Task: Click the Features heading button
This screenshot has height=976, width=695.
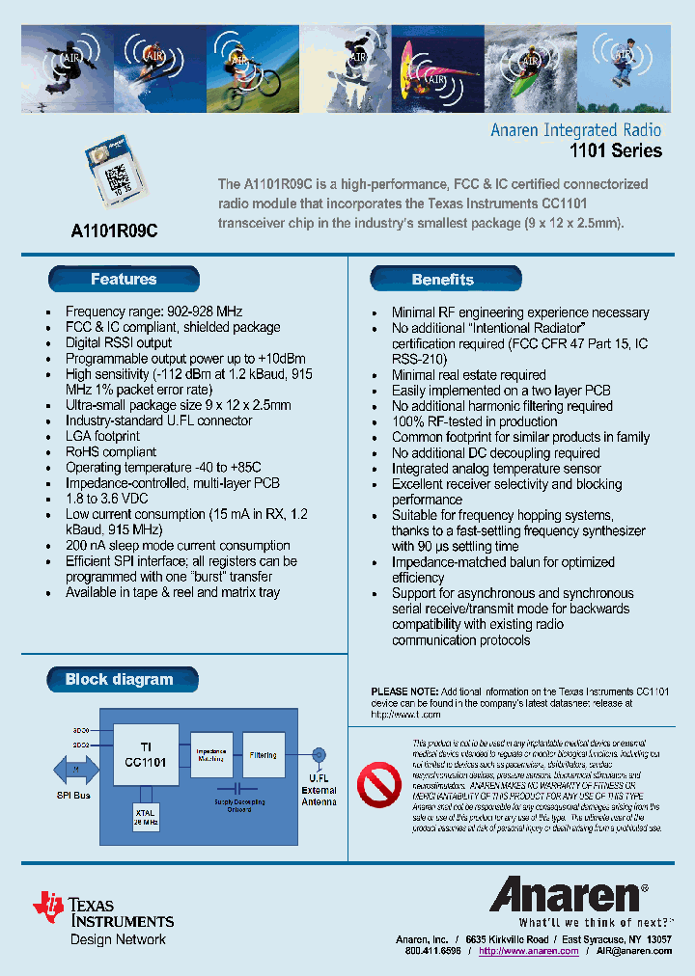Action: (124, 280)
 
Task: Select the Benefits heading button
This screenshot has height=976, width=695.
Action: (444, 280)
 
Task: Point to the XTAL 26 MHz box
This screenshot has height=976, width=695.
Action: (145, 818)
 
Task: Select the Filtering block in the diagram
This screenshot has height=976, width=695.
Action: (263, 755)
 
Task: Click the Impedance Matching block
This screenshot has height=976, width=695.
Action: (210, 755)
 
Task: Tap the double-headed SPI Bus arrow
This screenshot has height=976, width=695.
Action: (74, 769)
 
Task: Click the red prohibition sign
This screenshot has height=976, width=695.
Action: (379, 785)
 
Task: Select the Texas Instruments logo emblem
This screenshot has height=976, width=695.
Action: (48, 907)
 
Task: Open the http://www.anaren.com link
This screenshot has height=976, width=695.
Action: (528, 950)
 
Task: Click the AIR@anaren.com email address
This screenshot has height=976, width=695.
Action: (633, 950)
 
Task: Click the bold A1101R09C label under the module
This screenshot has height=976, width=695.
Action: (114, 231)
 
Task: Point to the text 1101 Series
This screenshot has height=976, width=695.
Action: (615, 150)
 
